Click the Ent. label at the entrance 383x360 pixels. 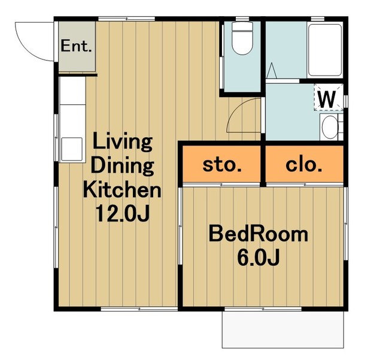point(76,46)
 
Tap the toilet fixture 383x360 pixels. point(242,38)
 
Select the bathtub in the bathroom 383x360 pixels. point(324,50)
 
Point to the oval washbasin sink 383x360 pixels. point(330,127)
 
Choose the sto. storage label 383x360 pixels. point(222,165)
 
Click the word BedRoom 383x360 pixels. point(258,234)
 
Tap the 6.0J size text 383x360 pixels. point(259,258)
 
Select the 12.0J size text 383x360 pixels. point(122,213)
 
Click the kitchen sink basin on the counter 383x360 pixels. point(72,149)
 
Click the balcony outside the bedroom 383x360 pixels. point(283,329)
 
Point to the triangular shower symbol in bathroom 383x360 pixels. point(271,71)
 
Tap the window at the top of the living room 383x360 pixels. point(126,19)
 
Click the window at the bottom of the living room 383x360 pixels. point(139,309)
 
